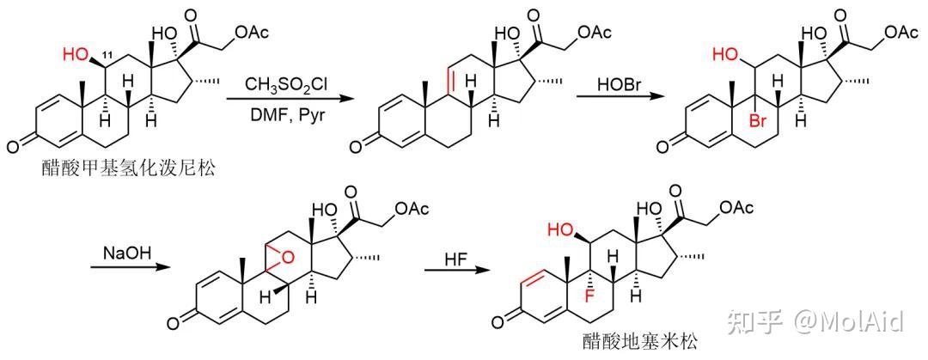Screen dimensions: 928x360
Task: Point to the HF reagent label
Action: [456, 258]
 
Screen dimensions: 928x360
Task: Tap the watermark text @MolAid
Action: [848, 321]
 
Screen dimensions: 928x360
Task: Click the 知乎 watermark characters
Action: [754, 321]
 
